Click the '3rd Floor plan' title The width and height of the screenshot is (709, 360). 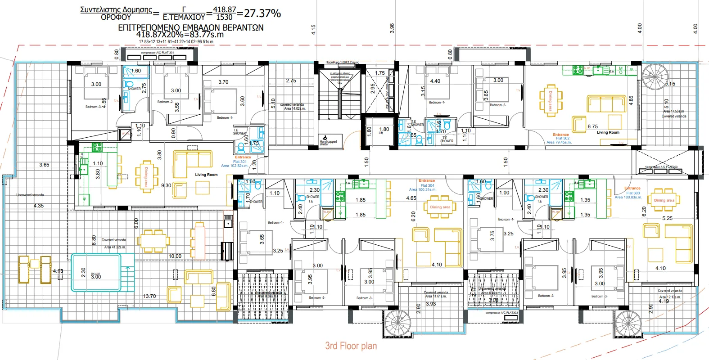click(x=351, y=346)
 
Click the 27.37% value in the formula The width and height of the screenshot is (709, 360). click(x=262, y=13)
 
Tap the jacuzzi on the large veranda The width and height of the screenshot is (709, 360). click(x=96, y=273)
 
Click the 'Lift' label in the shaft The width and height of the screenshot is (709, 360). click(x=381, y=133)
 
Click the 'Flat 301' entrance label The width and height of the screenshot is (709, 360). click(x=240, y=162)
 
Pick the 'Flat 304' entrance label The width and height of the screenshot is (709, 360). click(x=427, y=185)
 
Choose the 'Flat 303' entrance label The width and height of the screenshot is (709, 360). click(x=632, y=193)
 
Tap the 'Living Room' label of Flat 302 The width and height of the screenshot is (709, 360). click(x=608, y=132)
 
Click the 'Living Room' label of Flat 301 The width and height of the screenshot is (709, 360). click(x=206, y=175)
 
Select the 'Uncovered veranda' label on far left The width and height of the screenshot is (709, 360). click(x=30, y=195)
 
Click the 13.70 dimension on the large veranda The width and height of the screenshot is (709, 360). click(x=149, y=296)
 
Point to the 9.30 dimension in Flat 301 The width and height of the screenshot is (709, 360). click(x=166, y=185)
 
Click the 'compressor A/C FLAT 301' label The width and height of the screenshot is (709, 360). click(x=157, y=53)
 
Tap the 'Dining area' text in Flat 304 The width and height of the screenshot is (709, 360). click(x=440, y=207)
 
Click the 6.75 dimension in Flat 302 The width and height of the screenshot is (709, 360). click(x=592, y=126)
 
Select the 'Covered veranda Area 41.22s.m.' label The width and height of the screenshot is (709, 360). click(x=114, y=243)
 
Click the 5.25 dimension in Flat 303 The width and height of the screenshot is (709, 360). click(x=668, y=218)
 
